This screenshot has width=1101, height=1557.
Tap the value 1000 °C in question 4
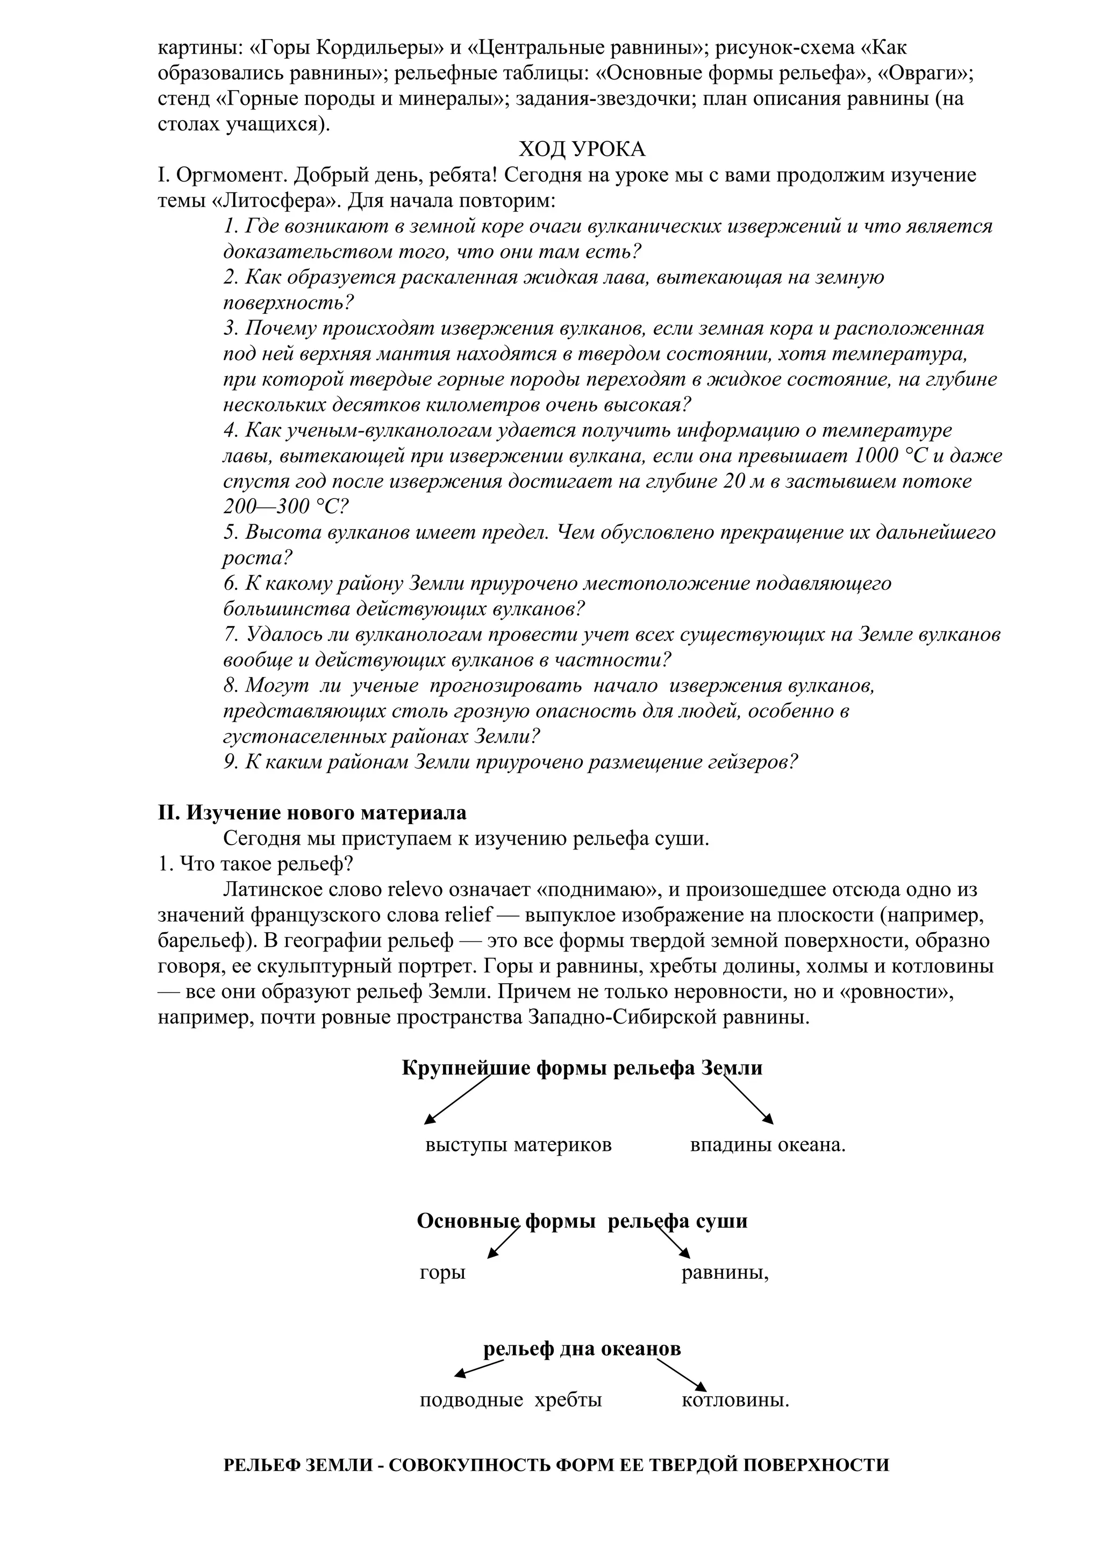pos(889,456)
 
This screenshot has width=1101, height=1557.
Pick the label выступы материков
pos(518,1145)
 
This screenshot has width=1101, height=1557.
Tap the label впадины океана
pos(767,1145)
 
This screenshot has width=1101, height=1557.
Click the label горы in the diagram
pos(442,1273)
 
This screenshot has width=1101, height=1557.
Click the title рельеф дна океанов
pos(581,1349)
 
